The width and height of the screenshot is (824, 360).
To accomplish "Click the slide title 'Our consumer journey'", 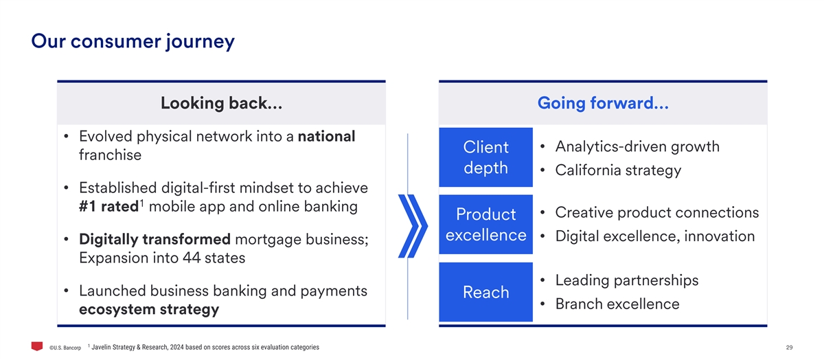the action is tap(133, 42).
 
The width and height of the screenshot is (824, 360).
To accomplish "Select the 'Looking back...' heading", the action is tap(221, 103).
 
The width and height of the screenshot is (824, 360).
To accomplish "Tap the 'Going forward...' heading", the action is tap(603, 103).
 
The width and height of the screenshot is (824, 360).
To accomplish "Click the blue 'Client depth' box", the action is tap(485, 157).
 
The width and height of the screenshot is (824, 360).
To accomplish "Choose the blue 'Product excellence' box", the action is tap(485, 224).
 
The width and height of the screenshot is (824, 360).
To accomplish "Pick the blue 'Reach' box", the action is tap(485, 292).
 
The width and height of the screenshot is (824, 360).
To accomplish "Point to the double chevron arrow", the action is tap(413, 226).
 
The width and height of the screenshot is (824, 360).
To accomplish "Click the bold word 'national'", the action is tap(326, 136).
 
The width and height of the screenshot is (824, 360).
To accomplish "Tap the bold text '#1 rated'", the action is tap(108, 207).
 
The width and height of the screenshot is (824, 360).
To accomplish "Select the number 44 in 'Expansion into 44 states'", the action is tap(192, 258).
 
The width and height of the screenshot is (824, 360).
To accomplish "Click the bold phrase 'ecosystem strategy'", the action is tap(149, 310).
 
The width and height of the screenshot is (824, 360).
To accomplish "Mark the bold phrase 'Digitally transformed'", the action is tap(155, 240).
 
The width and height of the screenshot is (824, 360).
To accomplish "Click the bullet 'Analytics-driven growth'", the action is tap(637, 147).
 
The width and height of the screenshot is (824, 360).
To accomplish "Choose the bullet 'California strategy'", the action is tap(618, 170).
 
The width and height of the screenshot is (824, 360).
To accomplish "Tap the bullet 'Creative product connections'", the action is tap(657, 213).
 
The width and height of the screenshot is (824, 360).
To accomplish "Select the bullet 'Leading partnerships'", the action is tap(627, 280).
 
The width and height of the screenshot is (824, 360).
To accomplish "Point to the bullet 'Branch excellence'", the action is tap(617, 304).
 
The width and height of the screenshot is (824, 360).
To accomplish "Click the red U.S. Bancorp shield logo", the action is tap(37, 346).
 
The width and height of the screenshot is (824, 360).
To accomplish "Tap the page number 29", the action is tap(790, 348).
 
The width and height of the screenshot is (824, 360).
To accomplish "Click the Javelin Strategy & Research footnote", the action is tap(203, 347).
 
